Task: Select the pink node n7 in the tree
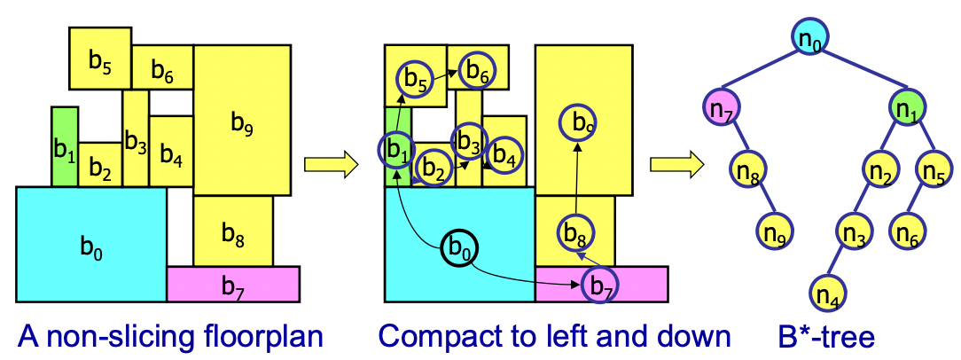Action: (722, 108)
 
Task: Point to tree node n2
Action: (881, 168)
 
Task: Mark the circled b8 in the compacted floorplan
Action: (574, 231)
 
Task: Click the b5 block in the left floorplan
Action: (100, 59)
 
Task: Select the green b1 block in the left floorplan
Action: (65, 146)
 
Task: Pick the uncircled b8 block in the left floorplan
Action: (233, 231)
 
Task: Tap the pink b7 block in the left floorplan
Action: (233, 284)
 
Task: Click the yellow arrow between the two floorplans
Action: (331, 164)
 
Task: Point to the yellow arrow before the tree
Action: (676, 164)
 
